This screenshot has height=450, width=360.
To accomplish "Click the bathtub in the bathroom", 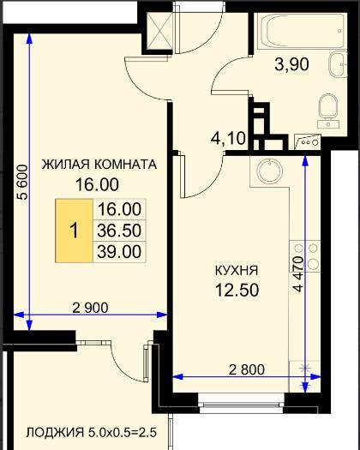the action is point(301,31).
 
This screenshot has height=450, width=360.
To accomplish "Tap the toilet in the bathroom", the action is point(328,110).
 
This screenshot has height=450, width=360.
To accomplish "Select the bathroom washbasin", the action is point(338,64).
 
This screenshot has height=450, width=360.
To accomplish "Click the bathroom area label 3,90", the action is point(291,64).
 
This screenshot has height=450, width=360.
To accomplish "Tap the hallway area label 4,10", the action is point(228,138).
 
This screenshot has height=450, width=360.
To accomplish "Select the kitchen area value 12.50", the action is point(237,290).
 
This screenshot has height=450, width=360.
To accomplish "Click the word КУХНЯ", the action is point(237,271).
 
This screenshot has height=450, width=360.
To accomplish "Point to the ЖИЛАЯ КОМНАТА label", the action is point(99,165).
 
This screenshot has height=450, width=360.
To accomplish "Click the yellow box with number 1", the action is point(75,231).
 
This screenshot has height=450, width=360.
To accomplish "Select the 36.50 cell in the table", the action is point(119,231).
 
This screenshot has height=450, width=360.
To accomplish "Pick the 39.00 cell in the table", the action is point(119,252).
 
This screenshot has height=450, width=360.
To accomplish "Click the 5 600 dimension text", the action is point(22,182).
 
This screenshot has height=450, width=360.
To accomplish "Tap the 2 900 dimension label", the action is point(91,308).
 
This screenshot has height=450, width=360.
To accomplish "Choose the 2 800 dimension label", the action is point(247,369).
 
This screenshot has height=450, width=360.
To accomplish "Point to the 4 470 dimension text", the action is point(298,274).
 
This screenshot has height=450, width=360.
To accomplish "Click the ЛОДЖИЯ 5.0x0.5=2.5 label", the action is point(92,432).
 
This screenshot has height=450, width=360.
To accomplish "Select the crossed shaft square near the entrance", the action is point(159,31).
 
